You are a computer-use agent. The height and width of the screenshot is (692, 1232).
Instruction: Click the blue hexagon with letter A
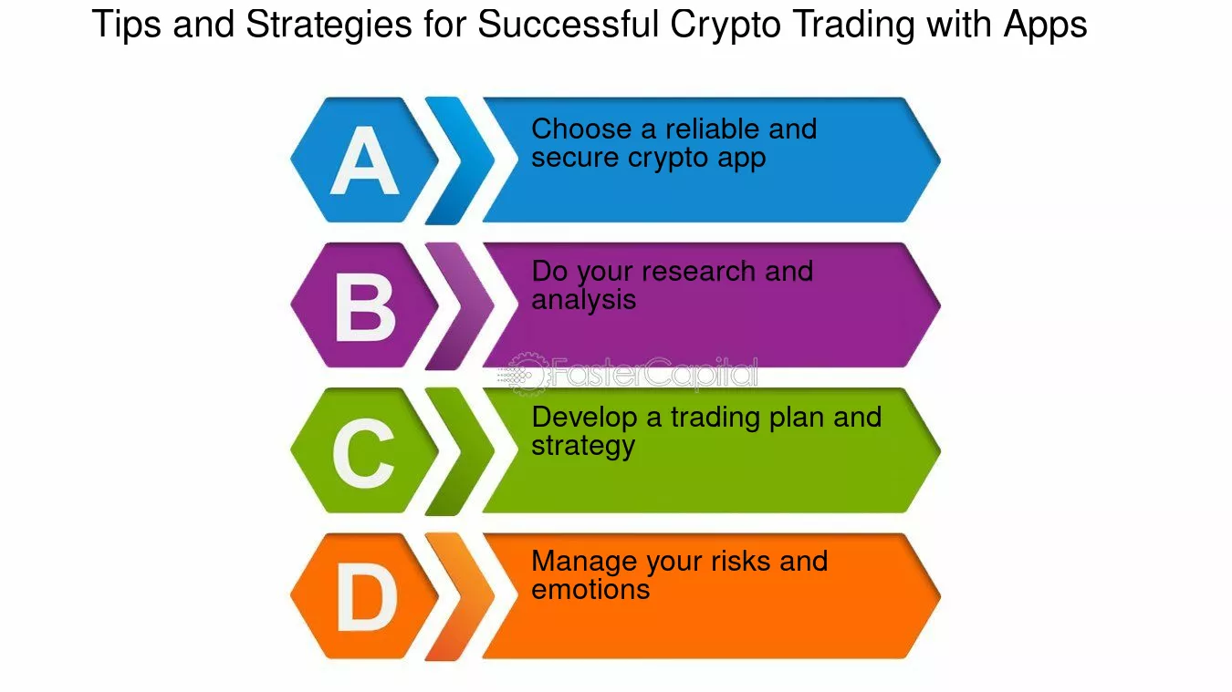[364, 160]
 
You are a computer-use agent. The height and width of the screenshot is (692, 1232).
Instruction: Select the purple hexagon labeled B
[364, 305]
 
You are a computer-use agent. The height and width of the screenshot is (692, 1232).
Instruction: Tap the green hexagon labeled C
[364, 450]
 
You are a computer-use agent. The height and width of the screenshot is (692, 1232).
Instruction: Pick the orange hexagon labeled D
[364, 596]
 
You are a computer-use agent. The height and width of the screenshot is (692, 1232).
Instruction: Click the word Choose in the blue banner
[581, 129]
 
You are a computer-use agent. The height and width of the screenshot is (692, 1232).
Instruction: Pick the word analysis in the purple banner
[583, 300]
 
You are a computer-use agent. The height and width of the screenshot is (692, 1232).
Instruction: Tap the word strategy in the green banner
[582, 447]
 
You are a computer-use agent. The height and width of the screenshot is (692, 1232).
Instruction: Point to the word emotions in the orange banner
[590, 589]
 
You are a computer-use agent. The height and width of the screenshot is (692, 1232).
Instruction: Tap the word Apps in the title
[1045, 26]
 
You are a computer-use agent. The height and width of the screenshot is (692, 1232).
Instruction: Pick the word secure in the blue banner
[575, 158]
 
